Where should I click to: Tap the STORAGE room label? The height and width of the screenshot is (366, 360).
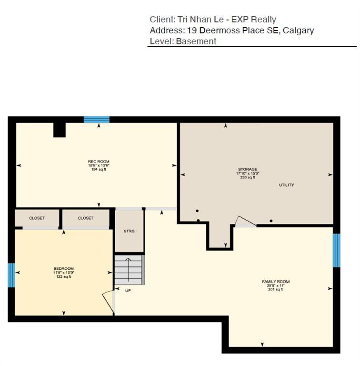coord(248,169)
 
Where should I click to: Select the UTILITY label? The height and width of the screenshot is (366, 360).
coord(286,185)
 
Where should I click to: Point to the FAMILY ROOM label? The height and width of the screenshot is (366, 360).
coord(275,282)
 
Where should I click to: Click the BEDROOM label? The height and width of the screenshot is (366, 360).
coord(63,269)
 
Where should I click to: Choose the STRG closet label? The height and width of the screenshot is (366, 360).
coord(129,231)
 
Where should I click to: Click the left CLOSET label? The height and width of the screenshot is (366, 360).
coord(37,218)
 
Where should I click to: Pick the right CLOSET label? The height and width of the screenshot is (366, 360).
coord(86,218)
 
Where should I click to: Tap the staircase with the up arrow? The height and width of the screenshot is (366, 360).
coord(129,270)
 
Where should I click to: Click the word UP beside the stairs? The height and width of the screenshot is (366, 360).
coord(128,290)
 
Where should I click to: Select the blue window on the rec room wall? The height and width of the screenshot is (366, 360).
coord(97,120)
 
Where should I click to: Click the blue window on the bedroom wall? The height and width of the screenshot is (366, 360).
coord(11,275)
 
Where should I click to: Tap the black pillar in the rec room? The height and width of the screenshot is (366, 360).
coord(59,130)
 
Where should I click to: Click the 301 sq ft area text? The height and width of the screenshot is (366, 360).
coord(275,289)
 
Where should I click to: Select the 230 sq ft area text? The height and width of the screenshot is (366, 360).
coord(248,177)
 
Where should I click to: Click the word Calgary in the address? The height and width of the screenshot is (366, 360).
coord(298,30)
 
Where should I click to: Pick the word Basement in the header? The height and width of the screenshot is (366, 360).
coord(196,41)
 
